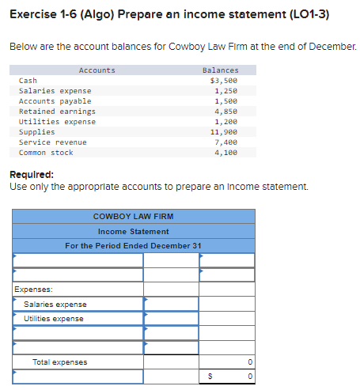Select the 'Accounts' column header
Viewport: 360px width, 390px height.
click(97, 70)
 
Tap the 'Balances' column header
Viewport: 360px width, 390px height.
click(220, 70)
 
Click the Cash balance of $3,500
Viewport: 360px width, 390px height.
click(225, 81)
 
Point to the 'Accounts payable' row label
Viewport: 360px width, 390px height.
click(55, 101)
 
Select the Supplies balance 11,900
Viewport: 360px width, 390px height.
click(225, 132)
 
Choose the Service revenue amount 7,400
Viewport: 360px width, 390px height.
click(227, 142)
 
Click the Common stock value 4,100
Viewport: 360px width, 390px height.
click(227, 153)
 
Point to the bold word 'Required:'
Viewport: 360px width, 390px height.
click(31, 174)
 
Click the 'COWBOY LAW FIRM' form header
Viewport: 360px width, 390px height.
click(133, 216)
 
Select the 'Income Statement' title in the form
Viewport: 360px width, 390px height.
click(133, 231)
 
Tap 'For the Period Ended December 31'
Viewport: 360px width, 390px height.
click(133, 245)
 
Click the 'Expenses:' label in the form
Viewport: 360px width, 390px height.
click(33, 290)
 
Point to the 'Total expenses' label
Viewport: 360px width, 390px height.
click(60, 362)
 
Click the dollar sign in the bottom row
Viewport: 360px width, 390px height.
click(210, 377)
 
